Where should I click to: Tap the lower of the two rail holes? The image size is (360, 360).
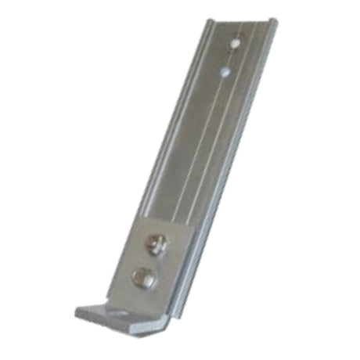point(225,72)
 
